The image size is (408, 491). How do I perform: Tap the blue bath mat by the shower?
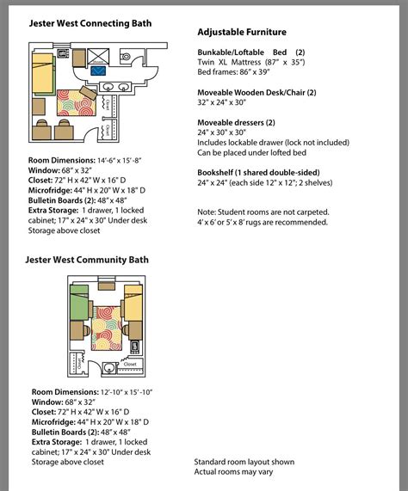click(x=99, y=70)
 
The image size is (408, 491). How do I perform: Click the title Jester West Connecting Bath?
click(x=90, y=23)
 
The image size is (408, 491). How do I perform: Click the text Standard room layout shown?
click(x=245, y=461)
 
